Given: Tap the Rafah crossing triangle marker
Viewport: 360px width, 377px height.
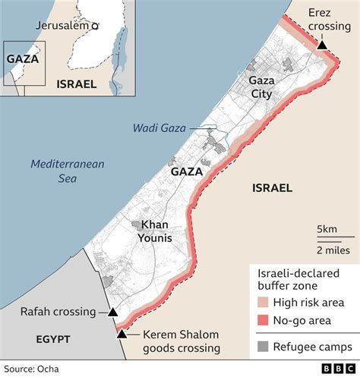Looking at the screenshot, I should [x=112, y=312].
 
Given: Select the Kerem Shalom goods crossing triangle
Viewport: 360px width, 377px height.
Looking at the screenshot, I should [x=122, y=333].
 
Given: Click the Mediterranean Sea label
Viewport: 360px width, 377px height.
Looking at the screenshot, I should [x=68, y=171].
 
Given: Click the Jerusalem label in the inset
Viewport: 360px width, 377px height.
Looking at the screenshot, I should [x=62, y=25].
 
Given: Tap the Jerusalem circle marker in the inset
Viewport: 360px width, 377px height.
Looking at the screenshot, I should [x=95, y=26].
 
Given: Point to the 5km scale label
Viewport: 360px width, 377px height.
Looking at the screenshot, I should [x=327, y=230].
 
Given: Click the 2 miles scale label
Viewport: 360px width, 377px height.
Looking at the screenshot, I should [x=333, y=250].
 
